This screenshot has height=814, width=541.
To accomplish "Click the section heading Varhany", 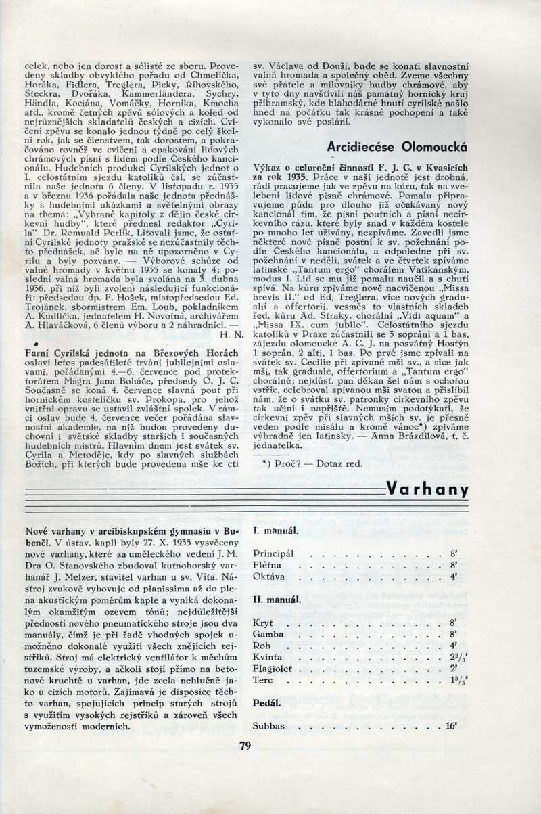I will tap(427, 489).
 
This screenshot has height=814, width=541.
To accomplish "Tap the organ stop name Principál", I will tap(273, 553).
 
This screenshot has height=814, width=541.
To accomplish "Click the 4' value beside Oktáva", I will tap(454, 576).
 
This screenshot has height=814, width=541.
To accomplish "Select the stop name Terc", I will tap(262, 679).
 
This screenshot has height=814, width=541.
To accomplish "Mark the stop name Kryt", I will tap(262, 622).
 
